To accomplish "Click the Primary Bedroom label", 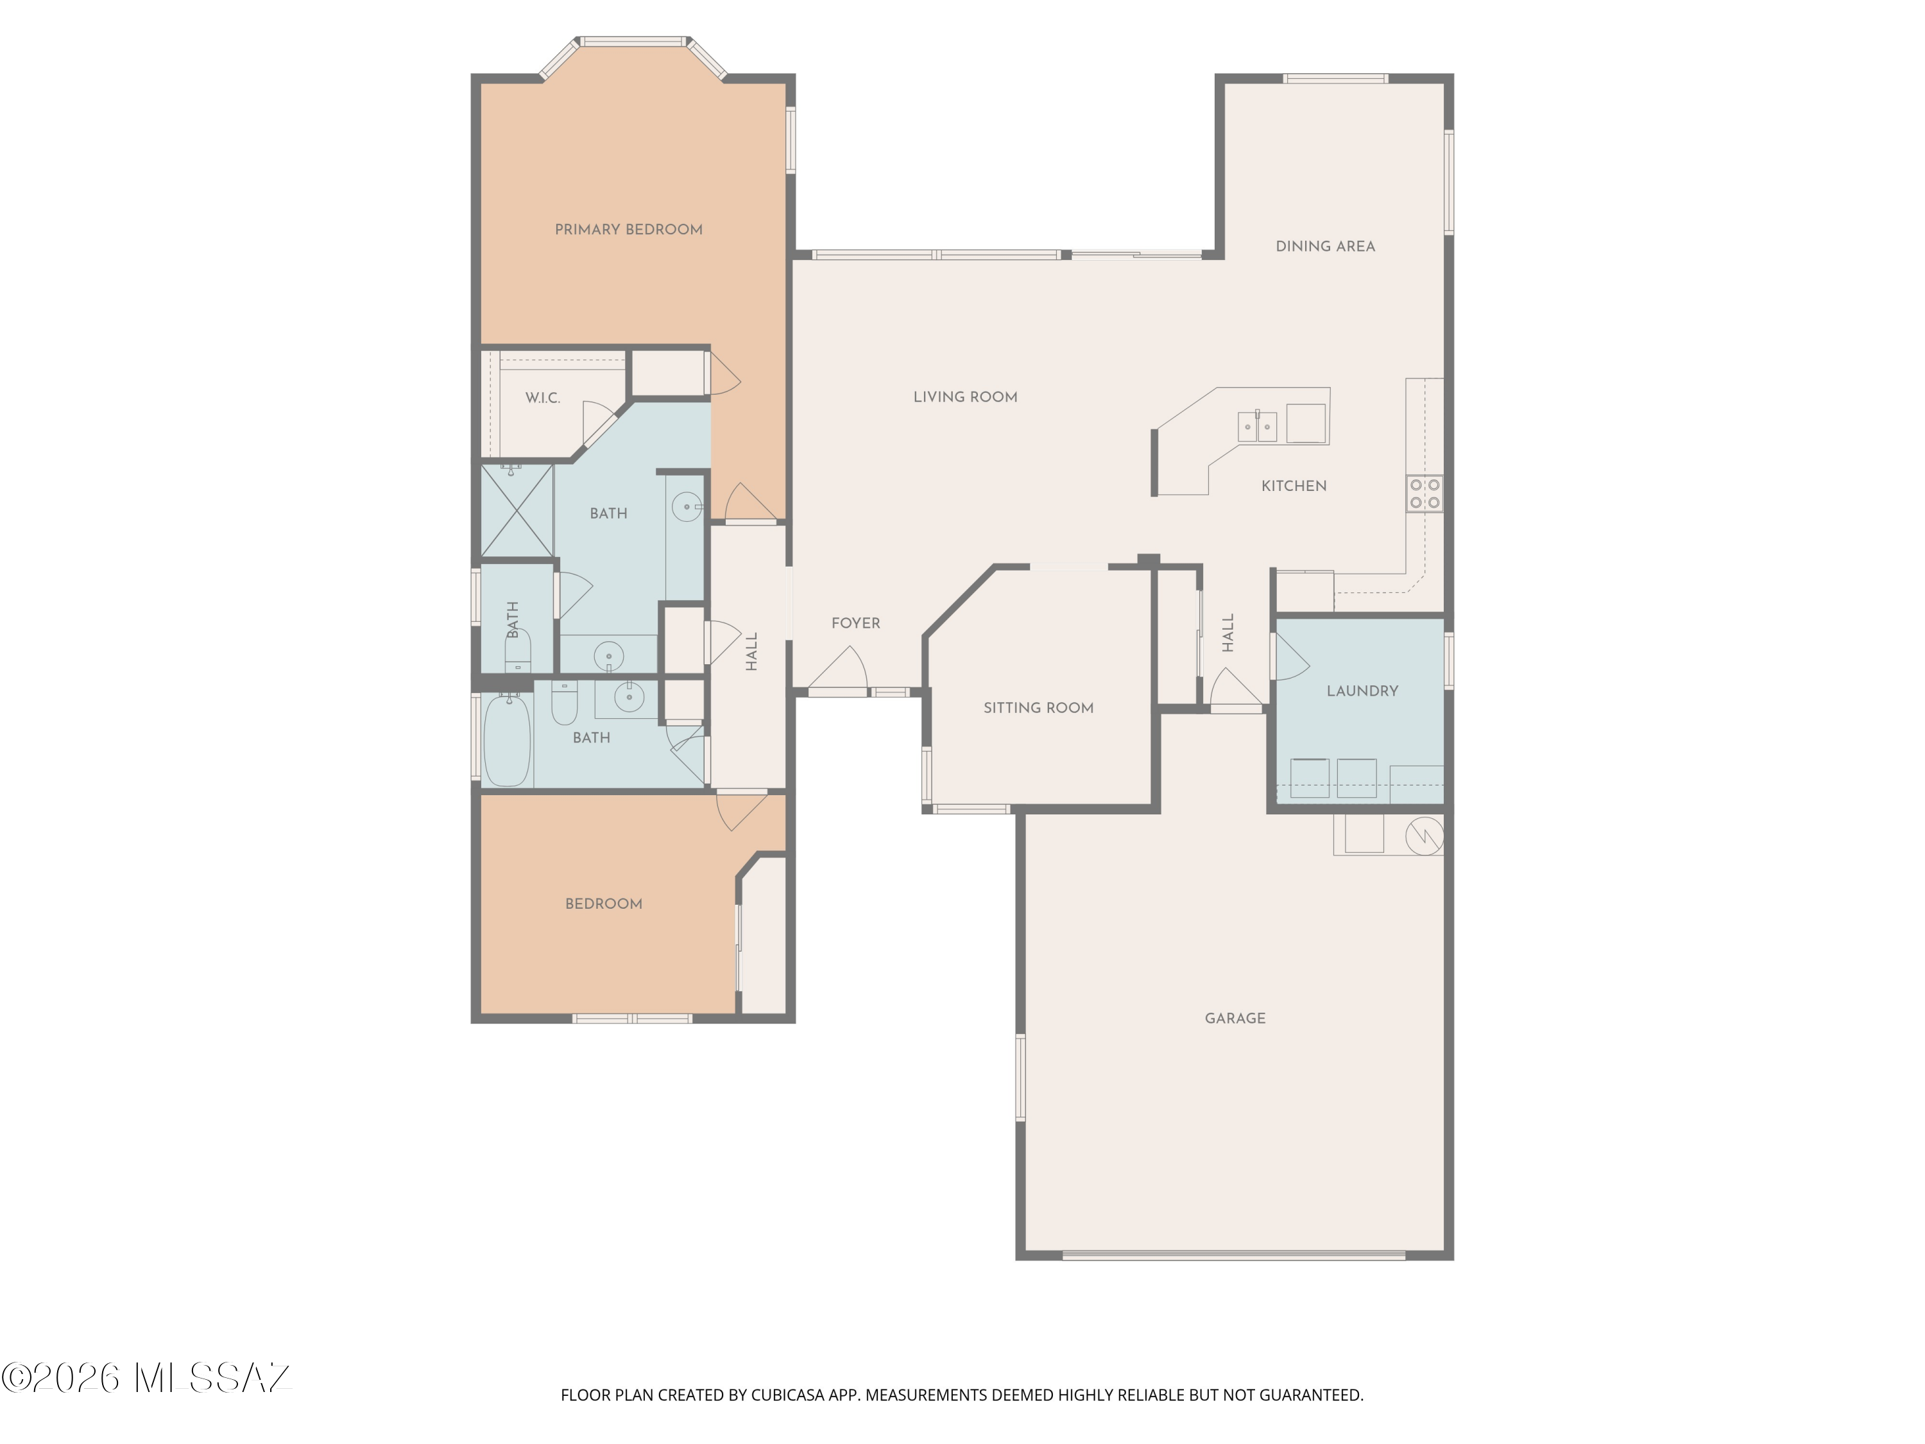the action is click(628, 230).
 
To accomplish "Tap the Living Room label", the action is click(965, 397).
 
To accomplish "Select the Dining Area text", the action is click(1326, 246).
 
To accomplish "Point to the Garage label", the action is click(1235, 1019).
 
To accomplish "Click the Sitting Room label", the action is click(1038, 709).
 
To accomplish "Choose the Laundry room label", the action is click(1362, 691).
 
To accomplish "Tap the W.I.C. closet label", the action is click(542, 399).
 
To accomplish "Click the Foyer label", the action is click(855, 623).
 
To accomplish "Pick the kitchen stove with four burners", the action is click(1425, 494).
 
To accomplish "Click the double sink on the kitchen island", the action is click(1258, 427).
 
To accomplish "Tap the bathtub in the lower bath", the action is click(506, 740).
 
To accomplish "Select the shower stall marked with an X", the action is click(517, 511).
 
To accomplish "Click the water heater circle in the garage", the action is click(1425, 836).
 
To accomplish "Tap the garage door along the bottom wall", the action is click(1234, 1255).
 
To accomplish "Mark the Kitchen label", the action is click(1294, 486).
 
